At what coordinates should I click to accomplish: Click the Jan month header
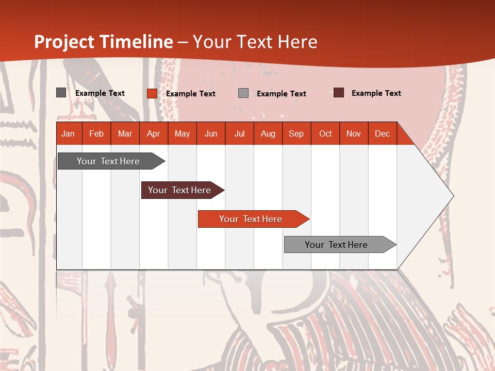click(68, 133)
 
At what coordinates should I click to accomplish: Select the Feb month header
click(96, 133)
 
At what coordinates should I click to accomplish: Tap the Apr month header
click(154, 133)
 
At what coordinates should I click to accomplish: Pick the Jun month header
click(211, 133)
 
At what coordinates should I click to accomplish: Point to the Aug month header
click(268, 133)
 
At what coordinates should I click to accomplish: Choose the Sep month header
click(296, 133)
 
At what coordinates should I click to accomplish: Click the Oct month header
click(325, 133)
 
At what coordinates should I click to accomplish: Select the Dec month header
click(383, 133)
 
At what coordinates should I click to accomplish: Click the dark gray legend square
click(61, 93)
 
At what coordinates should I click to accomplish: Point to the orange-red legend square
click(152, 93)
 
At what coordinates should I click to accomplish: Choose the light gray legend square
click(243, 93)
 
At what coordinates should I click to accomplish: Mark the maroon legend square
click(338, 93)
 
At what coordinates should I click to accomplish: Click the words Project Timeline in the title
click(103, 42)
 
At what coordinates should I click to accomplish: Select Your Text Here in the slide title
click(255, 42)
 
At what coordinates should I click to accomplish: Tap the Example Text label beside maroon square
click(376, 93)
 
